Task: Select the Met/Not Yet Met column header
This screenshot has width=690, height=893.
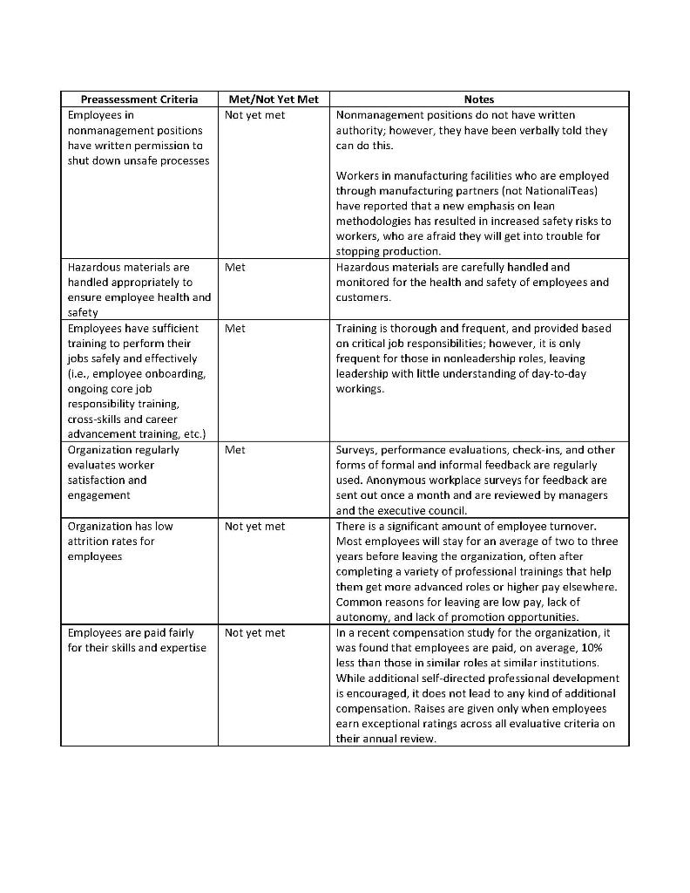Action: [x=273, y=99]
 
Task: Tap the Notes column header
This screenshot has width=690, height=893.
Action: [x=479, y=99]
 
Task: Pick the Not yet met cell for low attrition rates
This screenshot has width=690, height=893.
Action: [x=254, y=527]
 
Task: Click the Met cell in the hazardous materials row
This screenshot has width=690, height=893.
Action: [x=235, y=268]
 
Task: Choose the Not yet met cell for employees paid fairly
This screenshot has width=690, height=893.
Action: [x=254, y=633]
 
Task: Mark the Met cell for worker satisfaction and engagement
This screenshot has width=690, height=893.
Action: [x=235, y=450]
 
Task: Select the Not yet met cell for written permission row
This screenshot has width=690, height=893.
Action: [x=254, y=115]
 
